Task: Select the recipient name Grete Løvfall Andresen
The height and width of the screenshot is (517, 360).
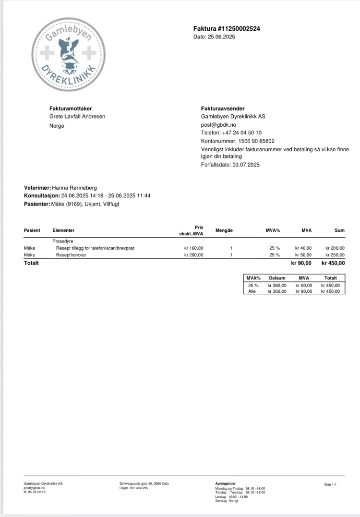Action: [x=77, y=117]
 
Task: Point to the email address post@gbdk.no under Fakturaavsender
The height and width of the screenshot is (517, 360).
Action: [x=218, y=125]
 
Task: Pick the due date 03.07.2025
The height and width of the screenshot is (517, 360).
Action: [x=246, y=165]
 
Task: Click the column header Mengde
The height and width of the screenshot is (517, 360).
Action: [x=224, y=230]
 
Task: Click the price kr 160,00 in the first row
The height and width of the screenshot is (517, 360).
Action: [x=193, y=248]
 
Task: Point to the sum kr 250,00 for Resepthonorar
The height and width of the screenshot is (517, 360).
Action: [x=335, y=255]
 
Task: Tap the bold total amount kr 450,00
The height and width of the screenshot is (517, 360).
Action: [x=333, y=263]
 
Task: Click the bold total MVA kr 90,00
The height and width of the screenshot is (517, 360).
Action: [x=301, y=263]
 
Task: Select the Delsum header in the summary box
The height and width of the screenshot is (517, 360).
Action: [x=277, y=278]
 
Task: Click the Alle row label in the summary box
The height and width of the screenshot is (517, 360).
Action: [x=252, y=291]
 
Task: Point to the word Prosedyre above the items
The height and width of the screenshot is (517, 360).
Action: [x=62, y=241]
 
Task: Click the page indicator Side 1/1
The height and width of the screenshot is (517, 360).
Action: [x=330, y=485]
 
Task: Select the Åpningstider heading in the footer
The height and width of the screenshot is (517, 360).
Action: [x=226, y=483]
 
